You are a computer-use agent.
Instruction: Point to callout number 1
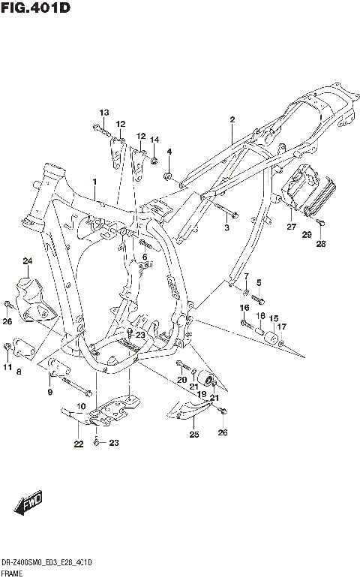95,182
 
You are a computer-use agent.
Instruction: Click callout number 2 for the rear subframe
232,119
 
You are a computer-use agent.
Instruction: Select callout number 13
103,112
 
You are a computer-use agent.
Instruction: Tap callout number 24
28,261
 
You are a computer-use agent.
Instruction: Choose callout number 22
77,444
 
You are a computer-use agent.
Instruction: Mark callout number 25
193,435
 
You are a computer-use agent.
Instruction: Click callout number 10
81,405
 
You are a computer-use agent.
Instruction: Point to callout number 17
282,327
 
